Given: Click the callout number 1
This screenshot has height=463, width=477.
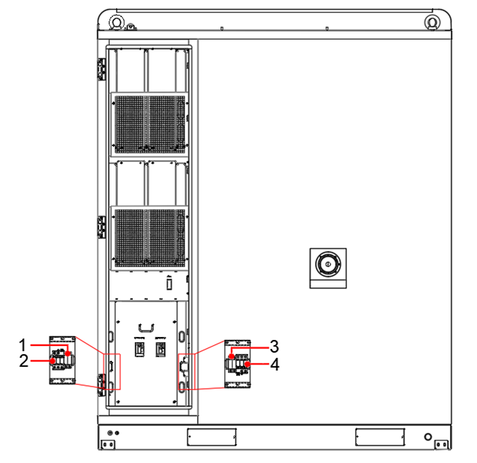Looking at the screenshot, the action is (x=22, y=345).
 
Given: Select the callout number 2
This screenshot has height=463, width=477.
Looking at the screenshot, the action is (x=24, y=361).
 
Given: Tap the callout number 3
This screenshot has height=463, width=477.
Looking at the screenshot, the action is (x=274, y=347).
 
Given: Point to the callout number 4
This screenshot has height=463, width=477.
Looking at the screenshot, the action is (x=275, y=365).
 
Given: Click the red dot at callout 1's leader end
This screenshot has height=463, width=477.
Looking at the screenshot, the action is (x=67, y=353).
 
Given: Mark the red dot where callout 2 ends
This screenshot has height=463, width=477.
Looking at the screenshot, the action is (x=53, y=361).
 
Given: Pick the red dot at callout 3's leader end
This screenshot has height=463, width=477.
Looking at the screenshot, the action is (x=232, y=356).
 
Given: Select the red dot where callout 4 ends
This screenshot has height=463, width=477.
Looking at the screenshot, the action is (x=247, y=364).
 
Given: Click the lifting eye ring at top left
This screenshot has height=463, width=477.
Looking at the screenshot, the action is (x=116, y=22).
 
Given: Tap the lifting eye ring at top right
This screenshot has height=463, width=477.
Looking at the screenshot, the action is (x=432, y=22).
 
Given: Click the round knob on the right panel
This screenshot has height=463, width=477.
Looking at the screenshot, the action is (x=328, y=264).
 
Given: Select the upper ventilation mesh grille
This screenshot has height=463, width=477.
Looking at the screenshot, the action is (x=150, y=124).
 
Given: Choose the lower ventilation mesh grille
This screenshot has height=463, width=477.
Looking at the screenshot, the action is (x=150, y=237).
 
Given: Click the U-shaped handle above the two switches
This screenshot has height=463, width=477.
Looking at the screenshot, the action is (x=146, y=328).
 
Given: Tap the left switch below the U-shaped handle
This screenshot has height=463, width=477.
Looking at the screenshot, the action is (x=139, y=349).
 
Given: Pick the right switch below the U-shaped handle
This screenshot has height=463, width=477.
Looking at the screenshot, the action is (x=160, y=349).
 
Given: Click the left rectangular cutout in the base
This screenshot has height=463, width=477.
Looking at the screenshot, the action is (x=211, y=437).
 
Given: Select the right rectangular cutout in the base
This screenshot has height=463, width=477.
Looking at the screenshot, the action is (x=380, y=437).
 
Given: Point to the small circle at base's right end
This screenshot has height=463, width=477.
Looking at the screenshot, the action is (x=428, y=437).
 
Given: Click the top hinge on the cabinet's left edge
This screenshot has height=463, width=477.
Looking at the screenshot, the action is (x=101, y=69).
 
